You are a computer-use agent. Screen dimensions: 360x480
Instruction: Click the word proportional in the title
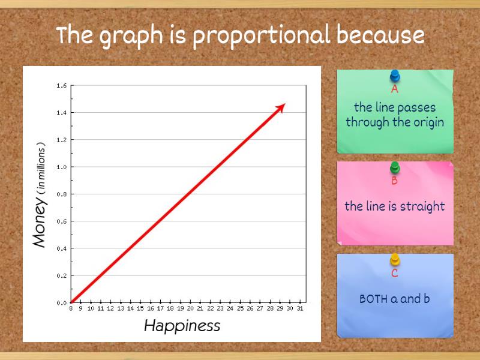click(261, 36)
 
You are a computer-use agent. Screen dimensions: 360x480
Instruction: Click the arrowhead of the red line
click(281, 106)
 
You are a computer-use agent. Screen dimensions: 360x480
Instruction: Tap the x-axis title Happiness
click(182, 326)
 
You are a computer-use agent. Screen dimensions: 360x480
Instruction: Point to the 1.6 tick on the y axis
click(62, 85)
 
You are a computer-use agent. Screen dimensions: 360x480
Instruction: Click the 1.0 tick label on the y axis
click(62, 167)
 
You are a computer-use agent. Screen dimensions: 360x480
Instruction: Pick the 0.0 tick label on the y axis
click(62, 302)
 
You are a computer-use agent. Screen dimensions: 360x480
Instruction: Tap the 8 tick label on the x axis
click(71, 308)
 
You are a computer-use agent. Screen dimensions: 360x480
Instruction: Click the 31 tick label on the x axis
click(299, 308)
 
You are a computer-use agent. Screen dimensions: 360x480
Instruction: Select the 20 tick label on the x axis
click(190, 308)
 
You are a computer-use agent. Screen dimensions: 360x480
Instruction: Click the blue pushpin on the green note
click(395, 76)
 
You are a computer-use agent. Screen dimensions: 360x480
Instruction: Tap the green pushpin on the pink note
click(395, 167)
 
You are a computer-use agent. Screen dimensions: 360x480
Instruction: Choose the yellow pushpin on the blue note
click(395, 260)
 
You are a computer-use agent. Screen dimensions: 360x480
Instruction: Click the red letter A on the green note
click(395, 89)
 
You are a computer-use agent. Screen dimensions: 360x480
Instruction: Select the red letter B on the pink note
click(394, 181)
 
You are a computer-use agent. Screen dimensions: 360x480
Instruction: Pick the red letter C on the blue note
click(394, 273)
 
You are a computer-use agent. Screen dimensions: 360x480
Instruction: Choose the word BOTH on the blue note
click(374, 298)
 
